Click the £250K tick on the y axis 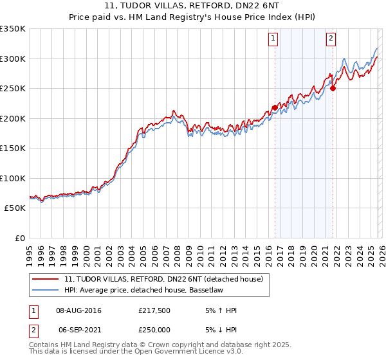13,89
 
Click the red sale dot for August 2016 275,108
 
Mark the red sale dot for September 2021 333,89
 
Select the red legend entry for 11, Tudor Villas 163,280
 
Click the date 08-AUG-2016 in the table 78,310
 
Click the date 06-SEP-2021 78,328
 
